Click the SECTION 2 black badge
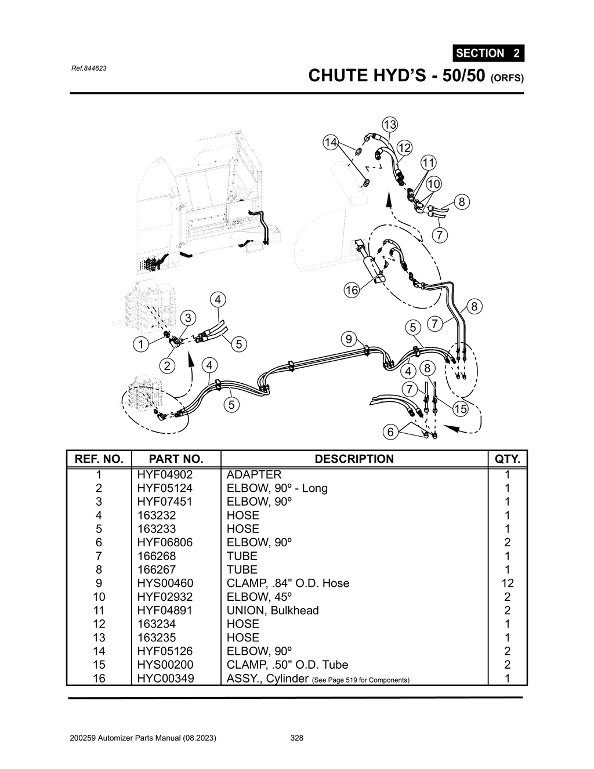pyautogui.click(x=488, y=53)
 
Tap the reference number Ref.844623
pyautogui.click(x=88, y=68)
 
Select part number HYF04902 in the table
pyautogui.click(x=165, y=474)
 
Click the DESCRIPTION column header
pyautogui.click(x=354, y=459)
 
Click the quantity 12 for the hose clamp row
pyautogui.click(x=507, y=583)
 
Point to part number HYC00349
pyautogui.click(x=165, y=678)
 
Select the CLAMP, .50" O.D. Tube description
pyautogui.click(x=287, y=665)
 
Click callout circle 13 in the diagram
pyautogui.click(x=390, y=125)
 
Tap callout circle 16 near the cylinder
pyautogui.click(x=352, y=290)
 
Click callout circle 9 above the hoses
pyautogui.click(x=348, y=339)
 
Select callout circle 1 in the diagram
pyautogui.click(x=140, y=344)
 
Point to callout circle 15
pyautogui.click(x=460, y=409)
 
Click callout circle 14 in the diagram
pyautogui.click(x=331, y=142)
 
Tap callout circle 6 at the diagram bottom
pyautogui.click(x=390, y=431)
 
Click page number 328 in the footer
pyautogui.click(x=296, y=738)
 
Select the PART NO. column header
pyautogui.click(x=176, y=459)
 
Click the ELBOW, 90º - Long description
pyautogui.click(x=277, y=488)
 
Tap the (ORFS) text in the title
pyautogui.click(x=508, y=78)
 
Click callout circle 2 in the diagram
pyautogui.click(x=167, y=365)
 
